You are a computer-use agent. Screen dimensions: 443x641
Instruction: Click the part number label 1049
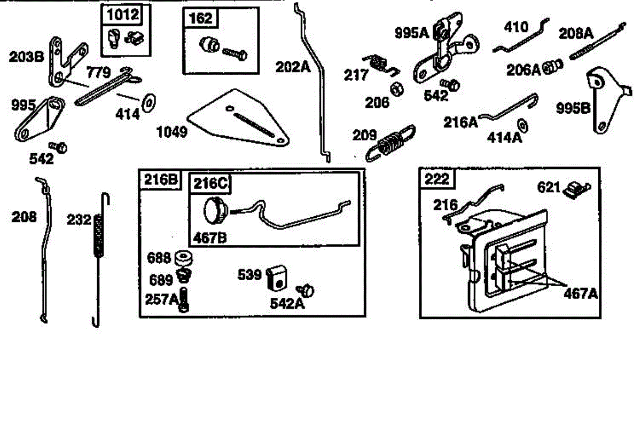pos(171,132)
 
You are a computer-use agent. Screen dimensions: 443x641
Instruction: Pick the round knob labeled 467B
pos(215,209)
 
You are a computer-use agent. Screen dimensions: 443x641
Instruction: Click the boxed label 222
pos(437,179)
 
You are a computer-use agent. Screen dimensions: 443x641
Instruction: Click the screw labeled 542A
pos(308,290)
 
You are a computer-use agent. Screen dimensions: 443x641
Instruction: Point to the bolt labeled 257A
pos(184,299)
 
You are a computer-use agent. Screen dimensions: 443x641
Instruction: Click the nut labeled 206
pos(396,89)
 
